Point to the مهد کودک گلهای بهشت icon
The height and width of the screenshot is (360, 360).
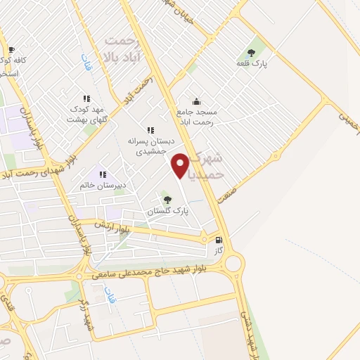tap(86, 99)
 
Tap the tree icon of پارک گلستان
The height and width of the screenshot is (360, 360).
tap(166, 200)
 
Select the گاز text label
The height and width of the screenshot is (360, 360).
tap(219, 250)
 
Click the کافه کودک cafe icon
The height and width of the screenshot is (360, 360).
tap(11, 49)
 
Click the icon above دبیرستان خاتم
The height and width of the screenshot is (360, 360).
tap(103, 174)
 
